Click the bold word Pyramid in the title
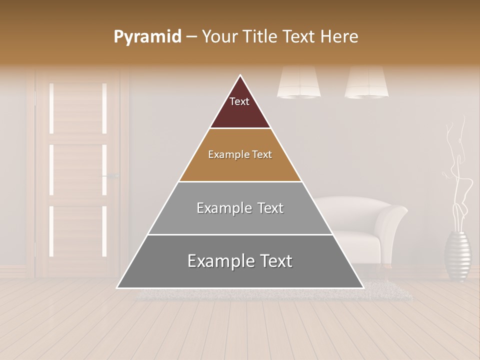[x=147, y=37]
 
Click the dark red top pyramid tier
[x=240, y=107]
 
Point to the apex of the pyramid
[x=240, y=76]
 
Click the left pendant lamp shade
[x=299, y=82]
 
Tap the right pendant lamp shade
[x=366, y=82]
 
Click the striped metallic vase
[x=457, y=255]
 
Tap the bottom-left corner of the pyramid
[x=117, y=287]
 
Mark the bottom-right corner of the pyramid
[x=363, y=287]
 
